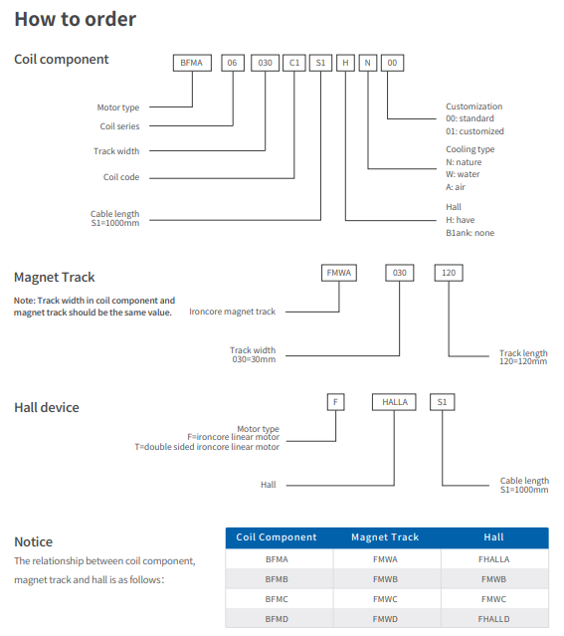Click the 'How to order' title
coord(76,20)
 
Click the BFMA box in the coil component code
coord(192,63)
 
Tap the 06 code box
coord(233,63)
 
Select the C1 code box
coord(294,63)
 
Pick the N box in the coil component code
coord(368,63)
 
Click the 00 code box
coord(393,63)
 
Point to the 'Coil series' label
coord(119,126)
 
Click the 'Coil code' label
coord(121,177)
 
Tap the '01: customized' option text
coord(474,131)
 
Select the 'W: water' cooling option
coord(463,174)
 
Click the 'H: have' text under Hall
coord(461,220)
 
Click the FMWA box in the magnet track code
coord(339,273)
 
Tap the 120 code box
coord(449,273)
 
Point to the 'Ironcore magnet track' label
coord(233,312)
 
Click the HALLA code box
coord(394,402)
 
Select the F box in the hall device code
coord(336,402)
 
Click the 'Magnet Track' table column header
coord(385,537)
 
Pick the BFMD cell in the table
coord(277,619)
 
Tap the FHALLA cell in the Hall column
coord(493,559)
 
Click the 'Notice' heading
coord(34,541)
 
